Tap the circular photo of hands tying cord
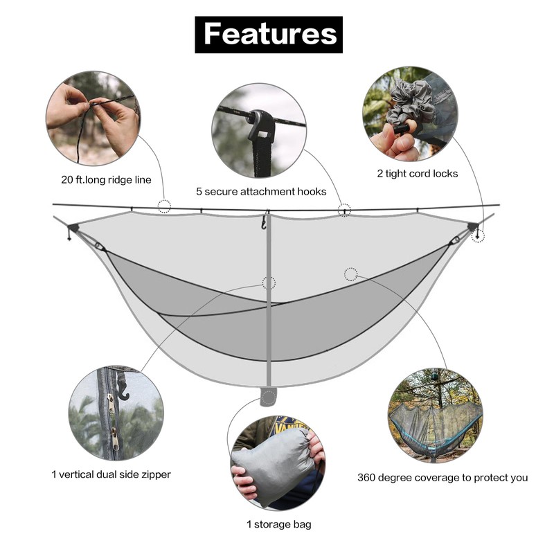click(x=93, y=118)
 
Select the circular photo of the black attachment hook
click(x=258, y=130)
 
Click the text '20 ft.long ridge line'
click(x=106, y=179)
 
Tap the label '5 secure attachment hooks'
click(x=261, y=191)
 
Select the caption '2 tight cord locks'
click(x=418, y=173)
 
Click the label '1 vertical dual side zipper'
click(x=111, y=474)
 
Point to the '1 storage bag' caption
click(x=279, y=524)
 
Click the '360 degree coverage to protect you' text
click(x=443, y=477)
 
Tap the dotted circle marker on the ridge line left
click(x=164, y=206)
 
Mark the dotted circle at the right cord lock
click(x=478, y=236)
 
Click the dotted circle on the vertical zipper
click(x=269, y=283)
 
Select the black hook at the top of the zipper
click(x=264, y=222)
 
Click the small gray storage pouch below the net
click(x=269, y=397)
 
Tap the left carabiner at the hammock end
click(x=99, y=246)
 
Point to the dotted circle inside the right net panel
click(x=351, y=274)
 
